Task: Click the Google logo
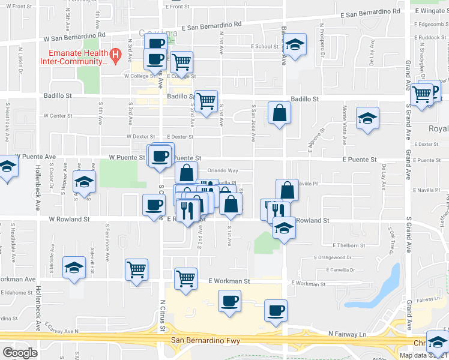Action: (x=20, y=352)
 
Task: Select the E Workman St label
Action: (x=228, y=281)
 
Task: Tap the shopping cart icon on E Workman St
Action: (x=186, y=278)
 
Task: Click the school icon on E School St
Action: (x=294, y=46)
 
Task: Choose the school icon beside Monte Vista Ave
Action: (x=368, y=118)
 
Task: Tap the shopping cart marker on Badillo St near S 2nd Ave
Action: (x=206, y=100)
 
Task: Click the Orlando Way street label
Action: (x=223, y=171)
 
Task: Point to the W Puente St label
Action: (x=127, y=158)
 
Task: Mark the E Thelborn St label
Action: (x=348, y=245)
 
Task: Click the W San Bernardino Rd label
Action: (x=74, y=37)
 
